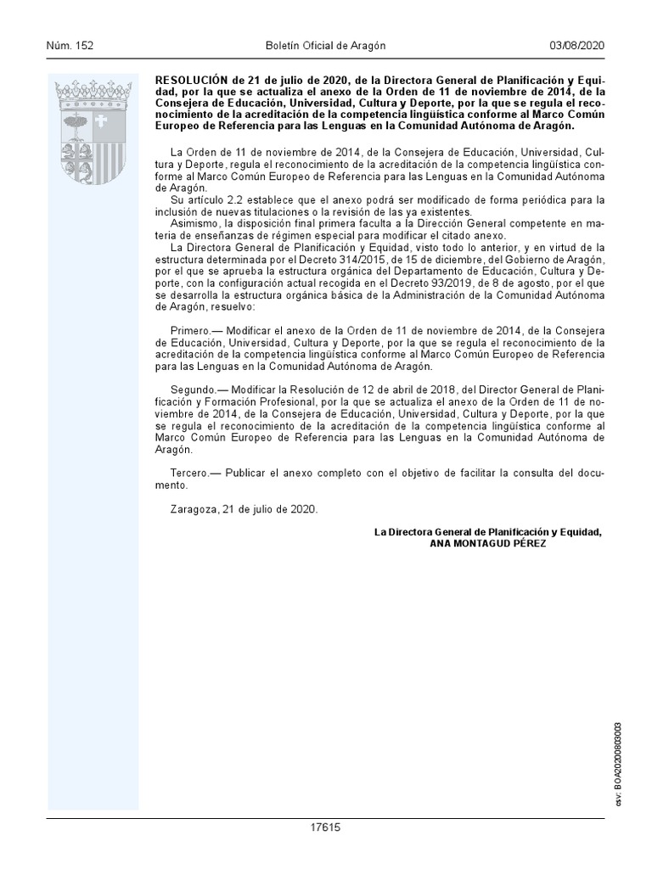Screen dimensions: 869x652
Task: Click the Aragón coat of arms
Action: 93,136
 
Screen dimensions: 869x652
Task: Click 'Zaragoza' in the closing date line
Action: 194,508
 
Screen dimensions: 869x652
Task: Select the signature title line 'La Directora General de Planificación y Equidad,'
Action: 488,531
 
